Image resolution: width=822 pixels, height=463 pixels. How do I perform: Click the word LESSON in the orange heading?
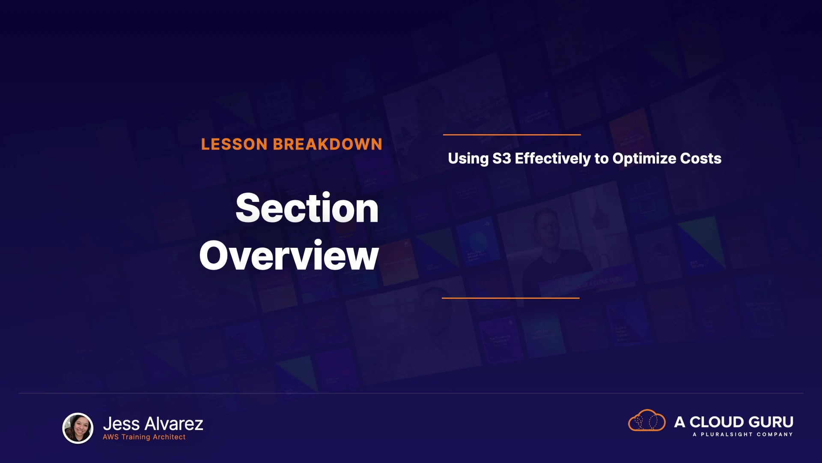[x=234, y=144]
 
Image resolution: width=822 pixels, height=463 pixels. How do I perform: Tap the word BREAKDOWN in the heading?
[x=328, y=144]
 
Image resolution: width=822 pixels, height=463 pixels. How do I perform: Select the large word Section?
[x=307, y=208]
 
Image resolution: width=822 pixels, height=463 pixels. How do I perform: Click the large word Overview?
[x=289, y=256]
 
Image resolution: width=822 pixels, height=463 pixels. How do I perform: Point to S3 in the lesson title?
[x=502, y=159]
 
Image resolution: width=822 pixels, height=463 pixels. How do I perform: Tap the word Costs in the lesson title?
[x=701, y=159]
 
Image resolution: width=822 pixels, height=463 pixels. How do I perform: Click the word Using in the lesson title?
[x=468, y=159]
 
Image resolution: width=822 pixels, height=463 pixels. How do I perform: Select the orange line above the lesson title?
[x=512, y=135]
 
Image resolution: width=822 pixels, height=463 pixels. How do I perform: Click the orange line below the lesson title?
[x=511, y=298]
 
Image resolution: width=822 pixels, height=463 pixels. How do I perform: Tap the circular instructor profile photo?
[x=78, y=428]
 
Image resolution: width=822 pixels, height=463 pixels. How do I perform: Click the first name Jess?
[x=122, y=424]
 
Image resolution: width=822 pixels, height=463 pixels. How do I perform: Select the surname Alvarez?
[x=174, y=424]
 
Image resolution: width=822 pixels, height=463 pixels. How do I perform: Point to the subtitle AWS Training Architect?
[x=144, y=437]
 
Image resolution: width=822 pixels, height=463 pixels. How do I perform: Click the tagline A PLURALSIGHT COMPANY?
[x=743, y=434]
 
